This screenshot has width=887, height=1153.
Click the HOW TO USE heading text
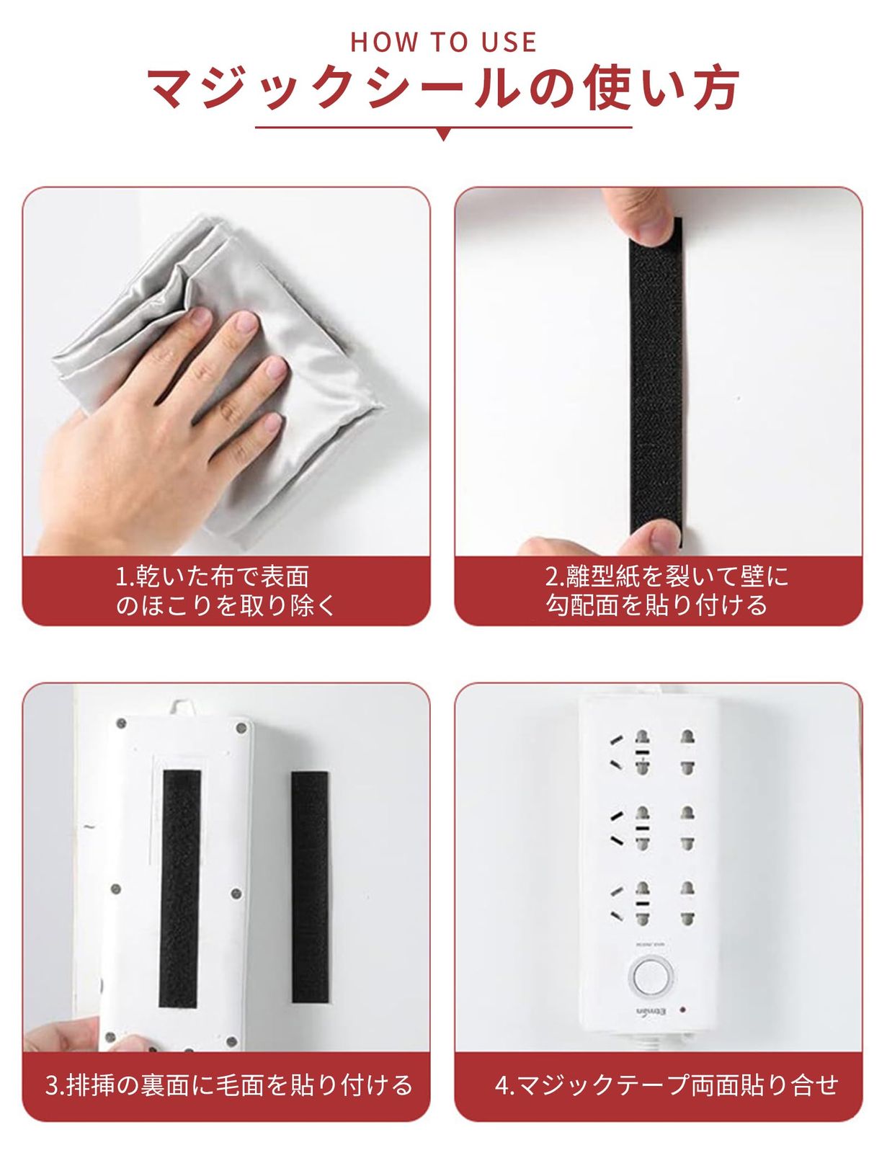point(444,42)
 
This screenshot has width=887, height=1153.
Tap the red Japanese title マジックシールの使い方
point(444,87)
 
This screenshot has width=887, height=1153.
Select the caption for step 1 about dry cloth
point(226,591)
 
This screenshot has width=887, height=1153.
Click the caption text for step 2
point(667,591)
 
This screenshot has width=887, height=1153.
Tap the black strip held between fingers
point(656,382)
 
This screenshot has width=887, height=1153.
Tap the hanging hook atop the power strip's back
point(182,708)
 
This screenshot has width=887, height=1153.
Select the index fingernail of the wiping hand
point(200,317)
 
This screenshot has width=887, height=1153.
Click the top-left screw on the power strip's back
point(121,723)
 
